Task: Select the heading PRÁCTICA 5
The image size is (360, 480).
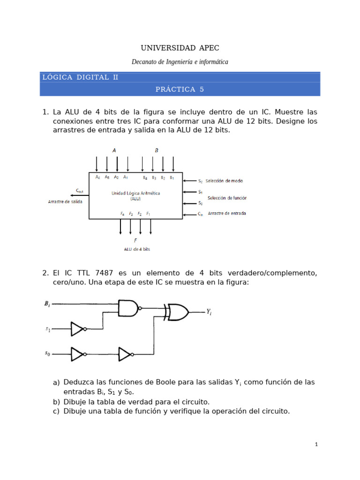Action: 180,89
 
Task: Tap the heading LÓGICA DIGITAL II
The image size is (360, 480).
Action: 81,77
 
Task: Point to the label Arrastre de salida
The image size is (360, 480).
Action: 65,202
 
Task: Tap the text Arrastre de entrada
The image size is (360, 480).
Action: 226,213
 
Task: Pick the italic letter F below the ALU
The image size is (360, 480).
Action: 136,240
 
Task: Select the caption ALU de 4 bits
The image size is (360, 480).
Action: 137,249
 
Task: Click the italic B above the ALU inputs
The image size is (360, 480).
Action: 157,150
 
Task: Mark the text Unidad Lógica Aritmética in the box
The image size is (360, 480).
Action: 135,193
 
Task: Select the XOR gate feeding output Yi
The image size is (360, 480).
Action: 177,311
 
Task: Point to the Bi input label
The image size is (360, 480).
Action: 47,304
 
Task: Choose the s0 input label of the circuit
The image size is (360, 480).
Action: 47,353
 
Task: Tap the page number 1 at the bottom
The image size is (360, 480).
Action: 317,445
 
